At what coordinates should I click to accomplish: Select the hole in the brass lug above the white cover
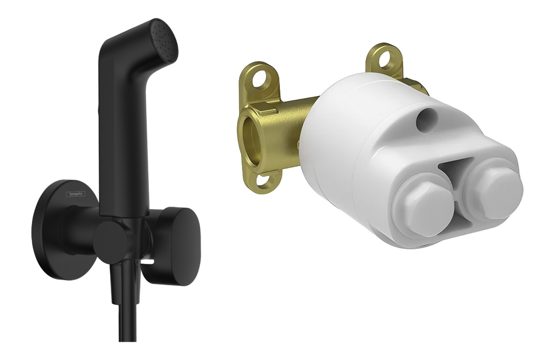coord(383,58)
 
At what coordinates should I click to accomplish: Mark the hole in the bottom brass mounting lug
coord(264,180)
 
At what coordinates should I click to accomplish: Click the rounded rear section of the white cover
coord(334,137)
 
